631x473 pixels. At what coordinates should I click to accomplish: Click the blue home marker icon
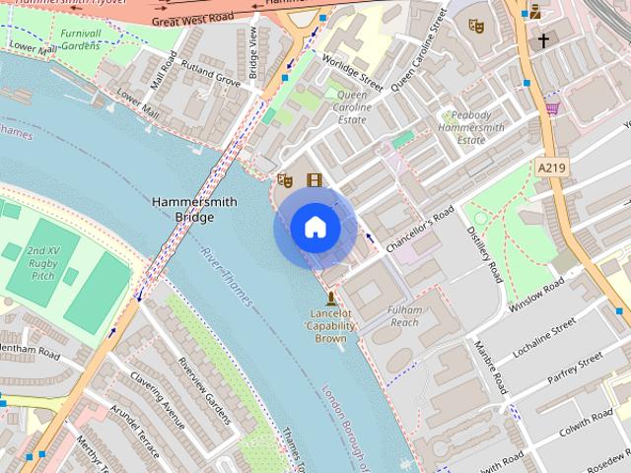coord(315,228)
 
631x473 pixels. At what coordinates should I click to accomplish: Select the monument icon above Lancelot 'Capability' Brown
coord(329,297)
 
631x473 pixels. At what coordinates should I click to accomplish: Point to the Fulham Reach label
coord(405,316)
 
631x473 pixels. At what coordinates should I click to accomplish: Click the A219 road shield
coord(553,169)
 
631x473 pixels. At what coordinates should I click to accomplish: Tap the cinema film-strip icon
coord(315,179)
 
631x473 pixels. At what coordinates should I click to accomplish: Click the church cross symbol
coord(542,41)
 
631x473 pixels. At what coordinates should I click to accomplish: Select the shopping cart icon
coord(552,107)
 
